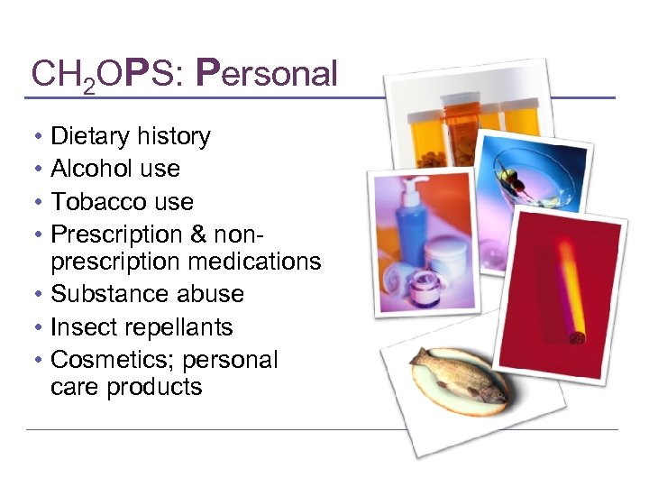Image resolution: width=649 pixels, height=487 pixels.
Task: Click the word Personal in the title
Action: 267,73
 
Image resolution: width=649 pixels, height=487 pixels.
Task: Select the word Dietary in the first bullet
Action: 90,137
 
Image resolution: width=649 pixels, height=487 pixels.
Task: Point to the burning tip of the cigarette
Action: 576,336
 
